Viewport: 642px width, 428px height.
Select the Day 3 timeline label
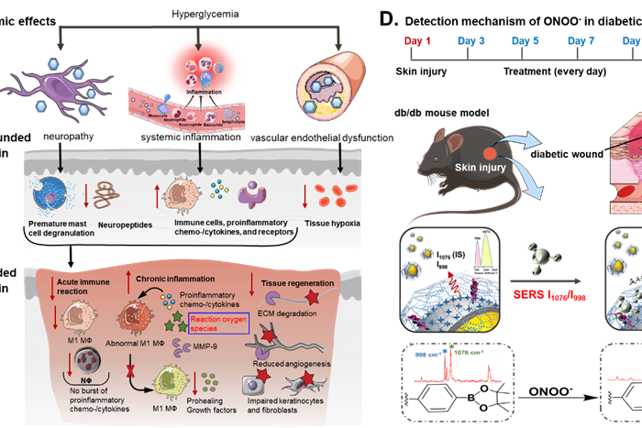click(471, 41)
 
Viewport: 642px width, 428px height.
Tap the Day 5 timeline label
click(526, 41)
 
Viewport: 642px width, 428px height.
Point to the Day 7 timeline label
click(581, 41)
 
